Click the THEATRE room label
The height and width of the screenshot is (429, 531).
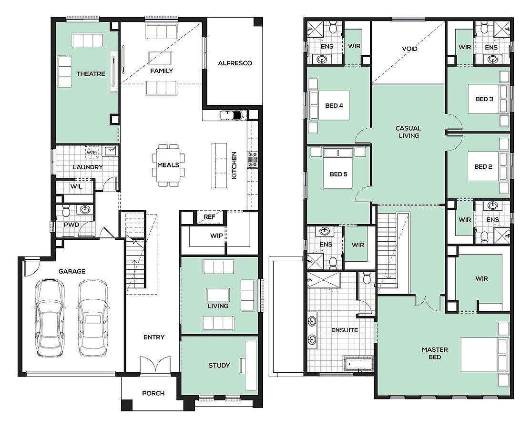pyautogui.click(x=91, y=74)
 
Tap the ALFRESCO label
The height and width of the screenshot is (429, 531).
pyautogui.click(x=235, y=63)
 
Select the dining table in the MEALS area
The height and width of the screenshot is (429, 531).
pyautogui.click(x=168, y=165)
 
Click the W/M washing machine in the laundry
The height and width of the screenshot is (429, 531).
pyautogui.click(x=92, y=152)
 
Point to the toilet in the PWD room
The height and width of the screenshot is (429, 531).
pyautogui.click(x=66, y=211)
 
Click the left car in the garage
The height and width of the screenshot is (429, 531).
pyautogui.click(x=50, y=317)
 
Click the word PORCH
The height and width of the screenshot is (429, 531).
pyautogui.click(x=153, y=393)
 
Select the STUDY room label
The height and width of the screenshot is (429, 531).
pyautogui.click(x=219, y=365)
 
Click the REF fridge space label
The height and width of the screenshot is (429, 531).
pyautogui.click(x=209, y=217)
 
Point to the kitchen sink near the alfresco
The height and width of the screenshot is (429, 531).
pyautogui.click(x=231, y=115)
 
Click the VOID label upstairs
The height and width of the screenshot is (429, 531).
pyautogui.click(x=409, y=49)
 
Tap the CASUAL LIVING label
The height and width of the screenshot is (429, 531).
pyautogui.click(x=409, y=132)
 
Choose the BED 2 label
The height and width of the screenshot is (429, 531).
pyautogui.click(x=483, y=166)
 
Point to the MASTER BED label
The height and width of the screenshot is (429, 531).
pyautogui.click(x=435, y=353)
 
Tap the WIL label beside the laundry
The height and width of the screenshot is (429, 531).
pyautogui.click(x=76, y=186)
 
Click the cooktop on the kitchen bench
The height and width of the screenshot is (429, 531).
pyautogui.click(x=253, y=160)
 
